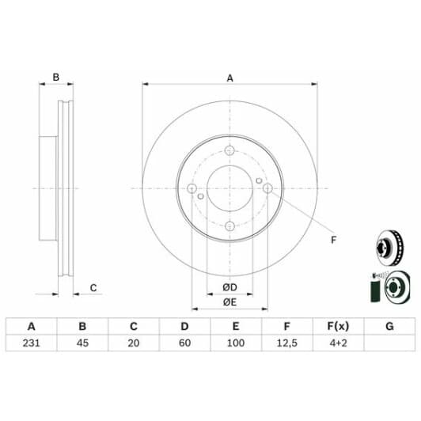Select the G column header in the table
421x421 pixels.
coord(389,326)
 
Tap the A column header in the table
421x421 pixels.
coord(32,326)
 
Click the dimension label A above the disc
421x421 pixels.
coord(230,78)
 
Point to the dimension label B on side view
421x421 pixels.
coord(55,78)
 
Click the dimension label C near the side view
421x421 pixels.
coord(93,288)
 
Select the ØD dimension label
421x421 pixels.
coord(230,286)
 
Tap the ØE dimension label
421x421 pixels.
coord(230,302)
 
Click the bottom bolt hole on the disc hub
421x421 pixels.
coord(229,226)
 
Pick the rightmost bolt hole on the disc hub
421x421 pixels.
coord(267,188)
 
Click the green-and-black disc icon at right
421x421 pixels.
coord(388,286)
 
